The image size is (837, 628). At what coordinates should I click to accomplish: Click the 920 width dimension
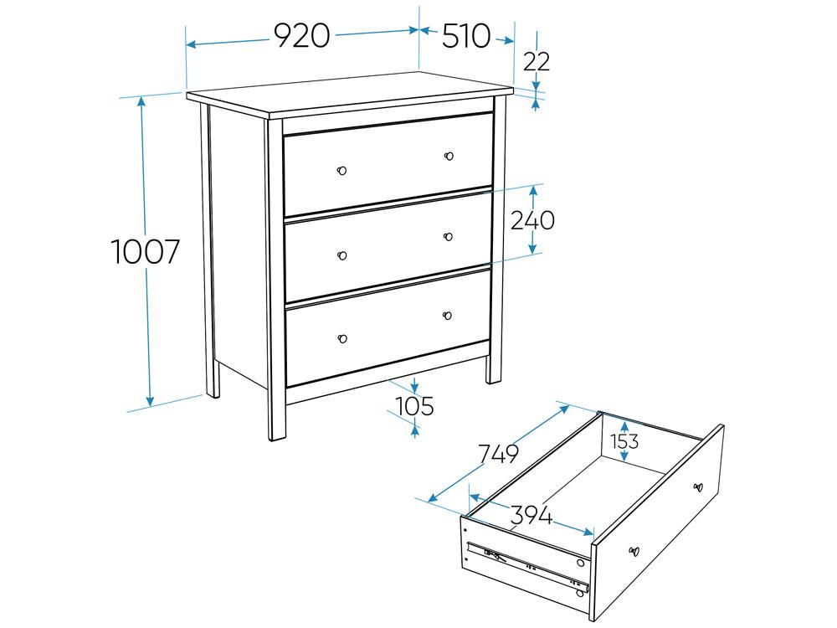tap(302, 36)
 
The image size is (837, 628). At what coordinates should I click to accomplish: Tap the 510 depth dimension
tap(466, 36)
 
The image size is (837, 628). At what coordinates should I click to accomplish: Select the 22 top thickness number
tap(537, 62)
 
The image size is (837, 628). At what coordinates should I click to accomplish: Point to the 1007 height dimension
tap(146, 252)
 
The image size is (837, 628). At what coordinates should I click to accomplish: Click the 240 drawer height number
tap(532, 220)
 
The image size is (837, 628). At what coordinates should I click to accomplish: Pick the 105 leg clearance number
tap(416, 407)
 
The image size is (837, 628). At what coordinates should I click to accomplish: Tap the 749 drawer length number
tap(498, 454)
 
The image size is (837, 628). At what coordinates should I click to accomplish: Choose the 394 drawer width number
tap(531, 515)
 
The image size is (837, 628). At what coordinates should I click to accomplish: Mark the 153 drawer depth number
tap(624, 441)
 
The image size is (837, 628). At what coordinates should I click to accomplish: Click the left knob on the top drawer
tap(342, 170)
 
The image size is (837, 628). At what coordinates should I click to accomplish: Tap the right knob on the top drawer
tap(449, 156)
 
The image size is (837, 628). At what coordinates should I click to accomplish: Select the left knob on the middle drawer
tap(342, 255)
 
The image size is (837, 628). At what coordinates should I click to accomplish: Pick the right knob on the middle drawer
tap(448, 237)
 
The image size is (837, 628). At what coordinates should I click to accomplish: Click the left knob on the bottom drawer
tap(342, 338)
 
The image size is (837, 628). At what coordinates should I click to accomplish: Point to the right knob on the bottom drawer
tap(447, 316)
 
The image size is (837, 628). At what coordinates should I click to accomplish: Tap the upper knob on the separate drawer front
tap(698, 486)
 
